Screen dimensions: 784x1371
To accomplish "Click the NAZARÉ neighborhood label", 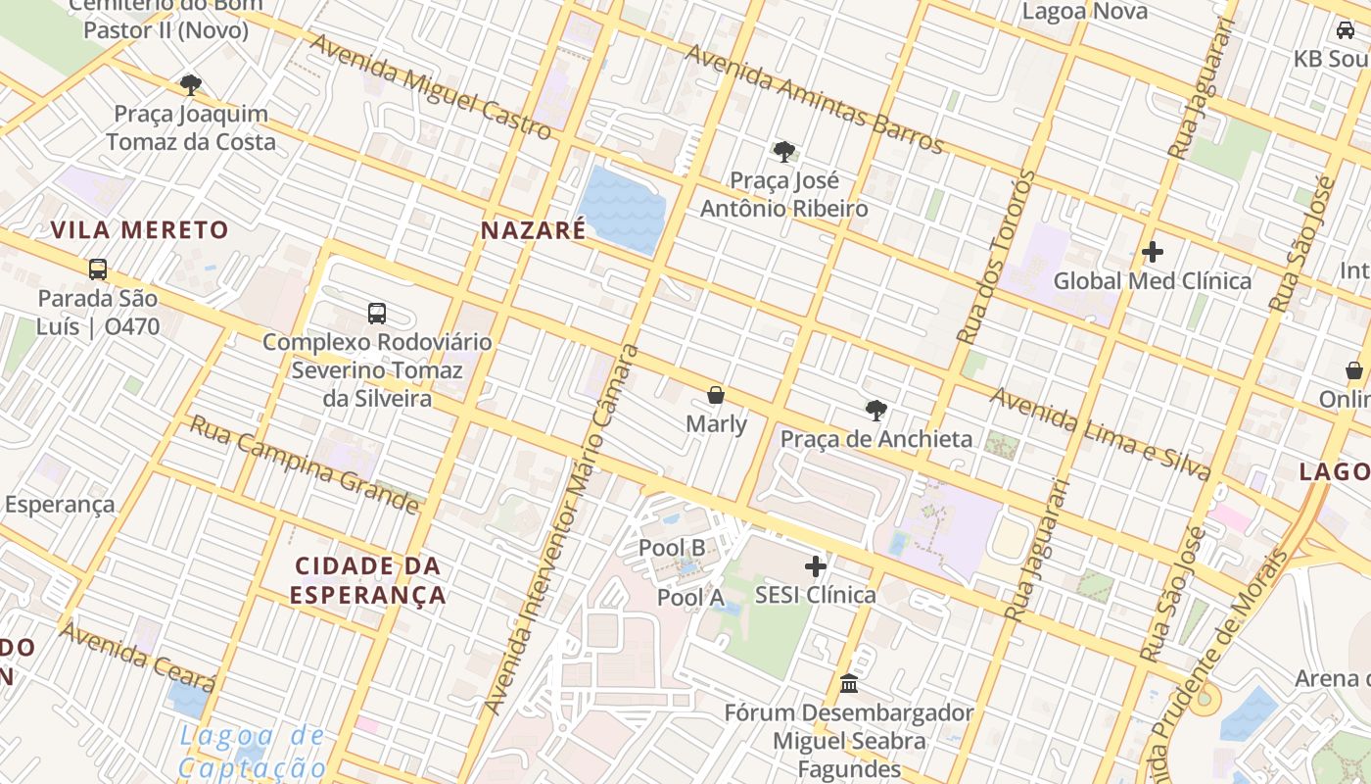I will click(533, 230).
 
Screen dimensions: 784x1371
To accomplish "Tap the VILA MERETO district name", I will click(139, 230).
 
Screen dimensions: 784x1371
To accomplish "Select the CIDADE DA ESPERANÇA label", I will click(368, 580).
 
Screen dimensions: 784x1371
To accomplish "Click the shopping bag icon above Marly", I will click(716, 395).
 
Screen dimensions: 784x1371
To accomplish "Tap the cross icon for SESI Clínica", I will click(815, 566).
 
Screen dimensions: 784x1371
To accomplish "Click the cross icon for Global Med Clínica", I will click(1152, 252).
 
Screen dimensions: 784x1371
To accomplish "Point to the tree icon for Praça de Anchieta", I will click(875, 410).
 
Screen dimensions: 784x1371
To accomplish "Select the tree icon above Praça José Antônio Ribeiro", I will click(783, 151).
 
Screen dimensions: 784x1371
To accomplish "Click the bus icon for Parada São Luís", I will click(97, 269).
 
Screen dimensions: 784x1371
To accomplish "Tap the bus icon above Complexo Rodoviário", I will click(377, 313).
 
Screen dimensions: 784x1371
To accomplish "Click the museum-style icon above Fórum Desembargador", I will click(848, 683).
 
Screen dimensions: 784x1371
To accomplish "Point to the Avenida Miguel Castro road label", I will click(431, 87).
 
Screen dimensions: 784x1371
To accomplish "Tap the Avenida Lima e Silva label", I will click(1101, 434).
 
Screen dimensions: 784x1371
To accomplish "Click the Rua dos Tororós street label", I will click(997, 257).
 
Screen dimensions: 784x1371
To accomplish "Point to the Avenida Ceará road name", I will click(137, 656).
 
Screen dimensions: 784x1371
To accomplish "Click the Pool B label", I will click(672, 548).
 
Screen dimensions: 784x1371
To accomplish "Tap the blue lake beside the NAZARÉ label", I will click(621, 208).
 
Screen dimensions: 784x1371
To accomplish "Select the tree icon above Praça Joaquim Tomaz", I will click(191, 85).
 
